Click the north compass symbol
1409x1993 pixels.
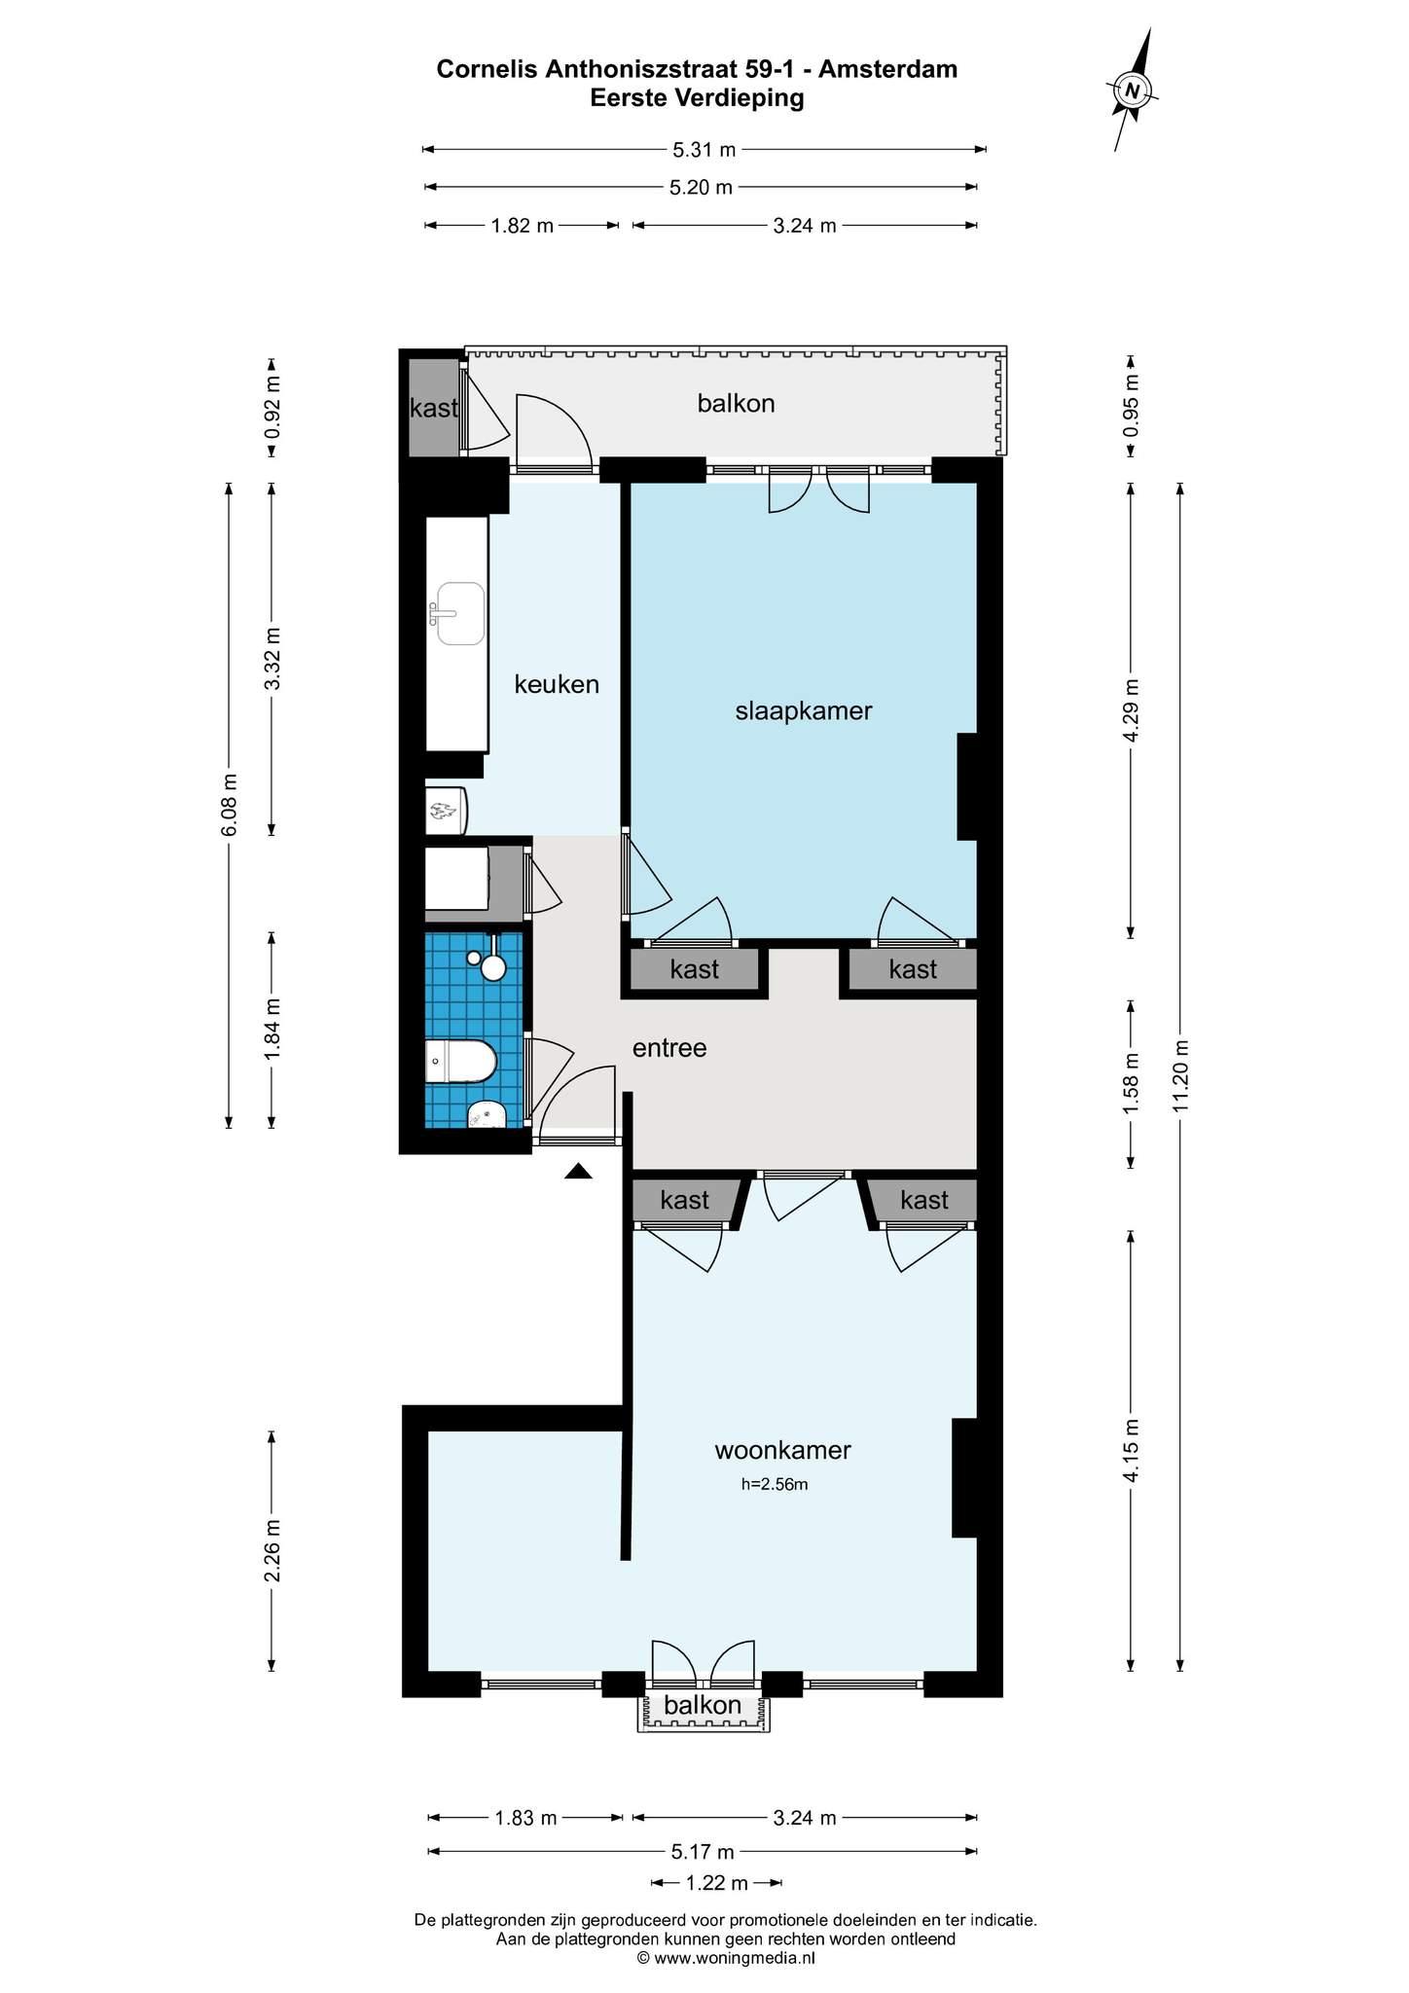(1133, 90)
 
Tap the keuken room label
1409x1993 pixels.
(557, 684)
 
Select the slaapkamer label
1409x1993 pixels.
(804, 711)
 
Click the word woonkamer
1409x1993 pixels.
(782, 1450)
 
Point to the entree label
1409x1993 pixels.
(669, 1048)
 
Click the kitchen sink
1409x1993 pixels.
(459, 614)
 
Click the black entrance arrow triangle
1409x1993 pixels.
(579, 1172)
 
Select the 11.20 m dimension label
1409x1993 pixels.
(1180, 1075)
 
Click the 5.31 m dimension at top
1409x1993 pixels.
(704, 150)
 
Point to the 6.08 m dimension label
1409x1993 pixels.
(229, 805)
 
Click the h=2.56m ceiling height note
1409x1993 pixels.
(775, 1485)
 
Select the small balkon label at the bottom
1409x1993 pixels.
(703, 1705)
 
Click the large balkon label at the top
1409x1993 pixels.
(736, 403)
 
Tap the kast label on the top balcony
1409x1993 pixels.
(433, 408)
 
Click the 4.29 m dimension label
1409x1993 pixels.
(1131, 710)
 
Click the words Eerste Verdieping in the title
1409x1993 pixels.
(697, 98)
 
